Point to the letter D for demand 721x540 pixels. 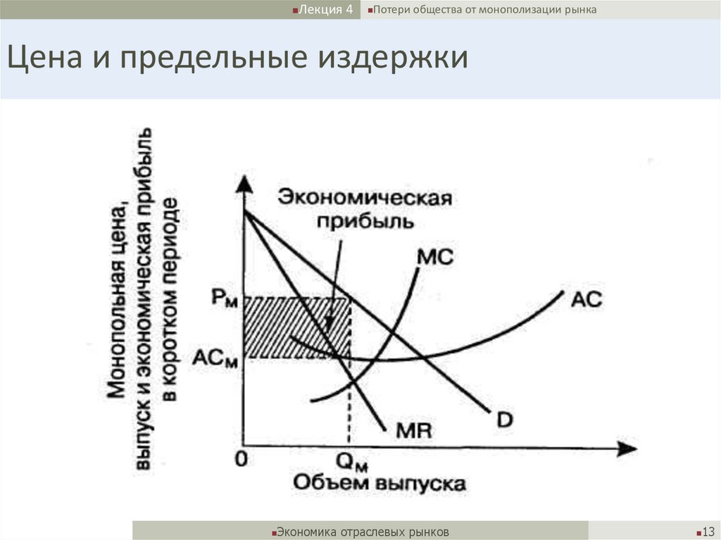tap(504, 420)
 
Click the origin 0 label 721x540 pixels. tap(242, 460)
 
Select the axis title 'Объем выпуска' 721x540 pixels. tap(379, 484)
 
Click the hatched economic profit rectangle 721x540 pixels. tap(296, 327)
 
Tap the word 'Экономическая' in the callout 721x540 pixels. tap(363, 197)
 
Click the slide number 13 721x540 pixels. tap(708, 531)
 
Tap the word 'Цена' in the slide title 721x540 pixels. tap(43, 58)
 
